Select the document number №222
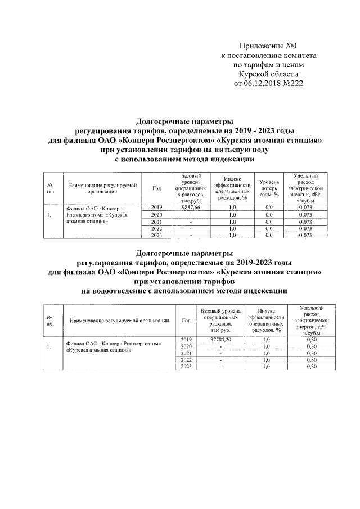click(x=293, y=84)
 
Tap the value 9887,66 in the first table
click(x=191, y=208)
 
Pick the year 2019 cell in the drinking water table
click(x=157, y=208)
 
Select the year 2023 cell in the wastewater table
click(x=186, y=367)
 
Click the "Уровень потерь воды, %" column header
click(x=269, y=187)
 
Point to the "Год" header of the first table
click(x=157, y=187)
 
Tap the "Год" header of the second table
click(x=186, y=320)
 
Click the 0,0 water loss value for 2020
click(x=269, y=215)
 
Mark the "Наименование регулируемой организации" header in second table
click(x=119, y=320)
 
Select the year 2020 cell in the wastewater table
click(x=186, y=346)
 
